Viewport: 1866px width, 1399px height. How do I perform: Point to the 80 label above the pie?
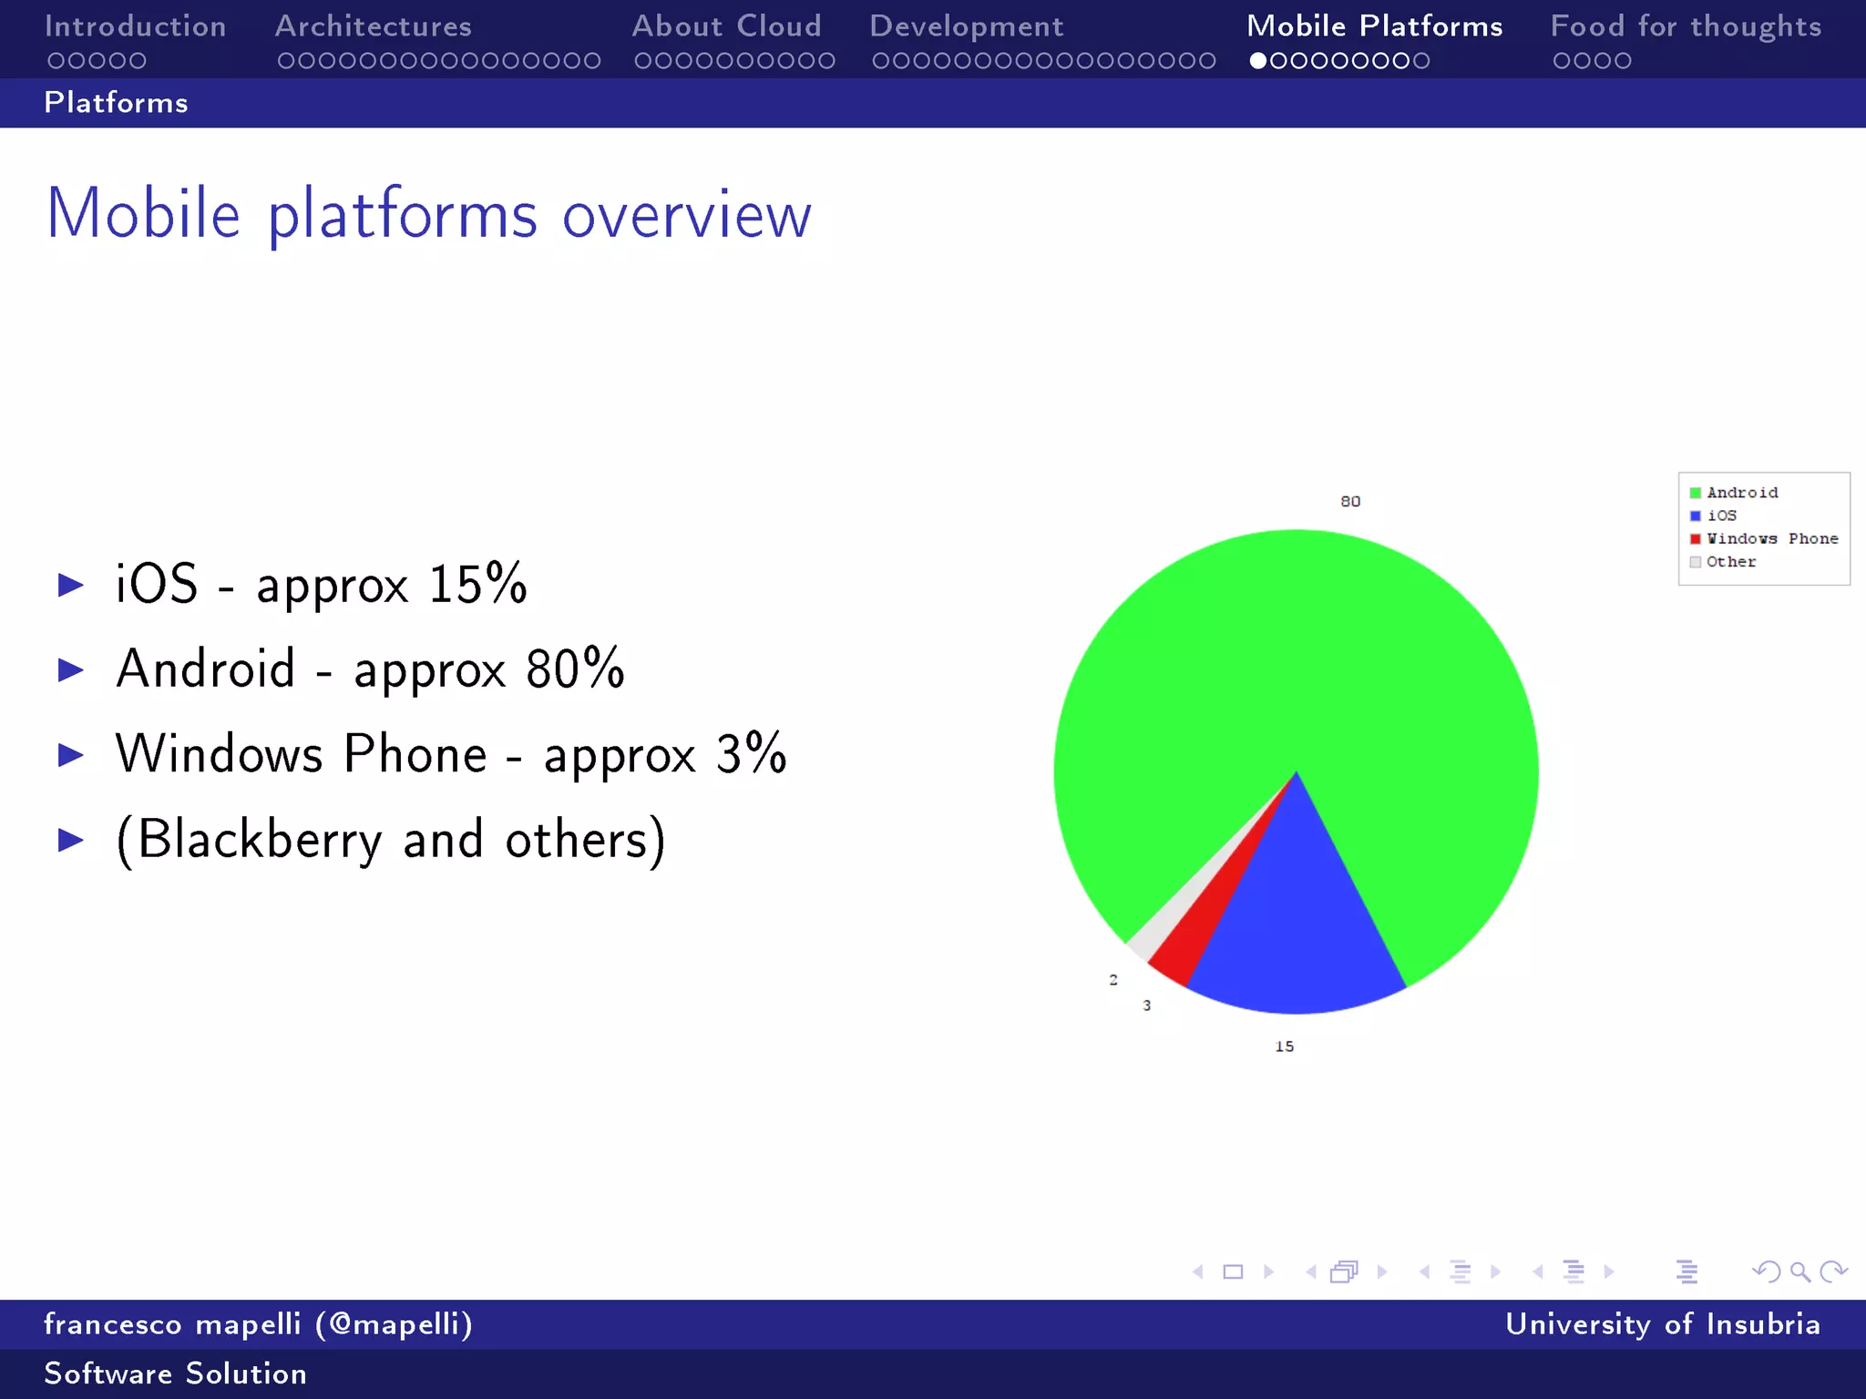click(1350, 502)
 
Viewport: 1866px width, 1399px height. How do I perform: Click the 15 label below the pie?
click(1285, 1047)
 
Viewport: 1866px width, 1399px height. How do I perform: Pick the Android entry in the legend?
click(1741, 493)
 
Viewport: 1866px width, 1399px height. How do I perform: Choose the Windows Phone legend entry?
click(1771, 539)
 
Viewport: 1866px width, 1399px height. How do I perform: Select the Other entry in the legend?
click(1730, 562)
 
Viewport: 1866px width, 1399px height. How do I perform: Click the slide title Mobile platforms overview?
click(428, 214)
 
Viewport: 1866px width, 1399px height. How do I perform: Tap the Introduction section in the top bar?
click(135, 26)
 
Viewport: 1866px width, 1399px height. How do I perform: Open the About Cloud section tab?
click(726, 26)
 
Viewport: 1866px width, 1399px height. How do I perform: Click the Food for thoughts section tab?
click(1686, 26)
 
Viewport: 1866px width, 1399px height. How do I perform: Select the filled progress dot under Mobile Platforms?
click(1258, 61)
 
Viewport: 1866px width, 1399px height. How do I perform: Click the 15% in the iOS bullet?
click(477, 584)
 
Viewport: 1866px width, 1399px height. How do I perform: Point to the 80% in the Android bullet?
click(575, 669)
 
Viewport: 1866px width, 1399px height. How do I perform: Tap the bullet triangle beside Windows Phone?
click(71, 754)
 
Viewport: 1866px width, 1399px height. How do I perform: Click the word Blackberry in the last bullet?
click(260, 840)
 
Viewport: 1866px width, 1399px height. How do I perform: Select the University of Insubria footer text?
click(1662, 1323)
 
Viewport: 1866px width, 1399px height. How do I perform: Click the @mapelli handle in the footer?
click(394, 1323)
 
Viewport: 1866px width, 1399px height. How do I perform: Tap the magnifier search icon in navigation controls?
click(1799, 1271)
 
